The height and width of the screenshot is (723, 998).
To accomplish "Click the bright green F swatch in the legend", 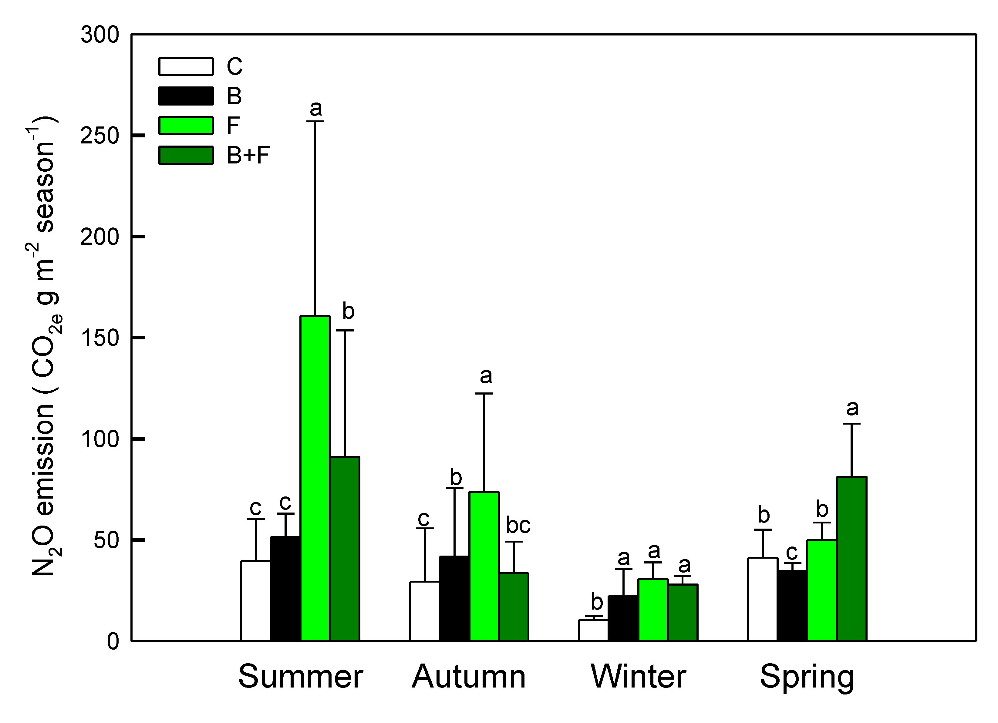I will pyautogui.click(x=186, y=126).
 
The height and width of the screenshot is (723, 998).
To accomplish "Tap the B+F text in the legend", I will pyautogui.click(x=248, y=155).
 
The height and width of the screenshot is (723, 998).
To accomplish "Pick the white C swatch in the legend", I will pyautogui.click(x=186, y=66).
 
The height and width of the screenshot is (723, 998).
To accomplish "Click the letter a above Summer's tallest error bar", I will pyautogui.click(x=315, y=109).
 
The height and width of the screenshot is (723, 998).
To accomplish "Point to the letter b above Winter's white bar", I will pyautogui.click(x=597, y=602).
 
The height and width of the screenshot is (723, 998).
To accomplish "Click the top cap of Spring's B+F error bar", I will pyautogui.click(x=851, y=424).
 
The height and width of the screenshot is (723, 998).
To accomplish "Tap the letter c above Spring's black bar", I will pyautogui.click(x=792, y=552).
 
